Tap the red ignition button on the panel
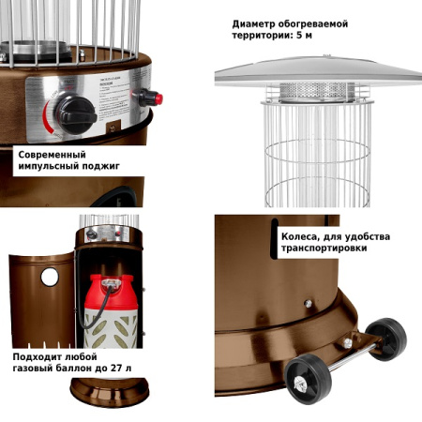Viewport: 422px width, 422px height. coord(158,99)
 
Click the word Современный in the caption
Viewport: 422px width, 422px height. coord(52,155)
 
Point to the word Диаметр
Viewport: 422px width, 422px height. coord(253,24)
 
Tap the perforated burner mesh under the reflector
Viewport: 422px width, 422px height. coord(317,91)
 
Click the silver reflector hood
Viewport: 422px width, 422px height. coord(319,72)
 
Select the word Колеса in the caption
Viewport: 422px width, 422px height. coord(299,237)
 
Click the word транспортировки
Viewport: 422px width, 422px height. coord(324,249)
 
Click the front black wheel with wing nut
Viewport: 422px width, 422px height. coord(308,379)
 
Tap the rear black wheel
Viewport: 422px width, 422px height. coord(386,339)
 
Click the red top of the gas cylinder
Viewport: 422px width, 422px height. coord(112,292)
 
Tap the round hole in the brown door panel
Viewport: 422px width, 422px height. coord(50,277)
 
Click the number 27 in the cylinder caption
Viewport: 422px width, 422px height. coord(115,369)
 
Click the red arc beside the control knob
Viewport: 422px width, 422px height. coord(48,117)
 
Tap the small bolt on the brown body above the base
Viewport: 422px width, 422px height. coord(309,303)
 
